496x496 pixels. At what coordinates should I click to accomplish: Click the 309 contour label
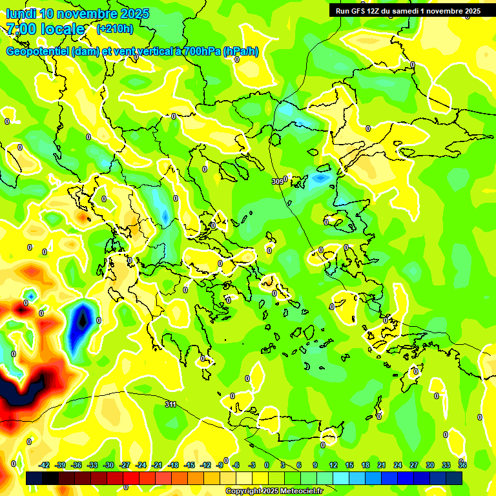278,181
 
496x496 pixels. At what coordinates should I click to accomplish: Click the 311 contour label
170,404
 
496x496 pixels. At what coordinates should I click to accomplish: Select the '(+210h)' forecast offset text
115,28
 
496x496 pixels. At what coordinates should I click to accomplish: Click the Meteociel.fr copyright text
273,491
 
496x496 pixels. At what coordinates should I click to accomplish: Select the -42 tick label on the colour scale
44,465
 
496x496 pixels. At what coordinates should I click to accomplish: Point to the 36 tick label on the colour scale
462,465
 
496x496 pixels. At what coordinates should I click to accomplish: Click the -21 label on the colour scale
157,465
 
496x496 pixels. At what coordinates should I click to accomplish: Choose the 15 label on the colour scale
349,465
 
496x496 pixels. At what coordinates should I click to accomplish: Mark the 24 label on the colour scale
398,465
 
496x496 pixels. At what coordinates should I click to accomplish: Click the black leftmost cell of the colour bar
34,479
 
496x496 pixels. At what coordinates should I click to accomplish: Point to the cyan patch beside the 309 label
320,178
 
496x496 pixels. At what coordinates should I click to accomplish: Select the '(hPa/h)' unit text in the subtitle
241,52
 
